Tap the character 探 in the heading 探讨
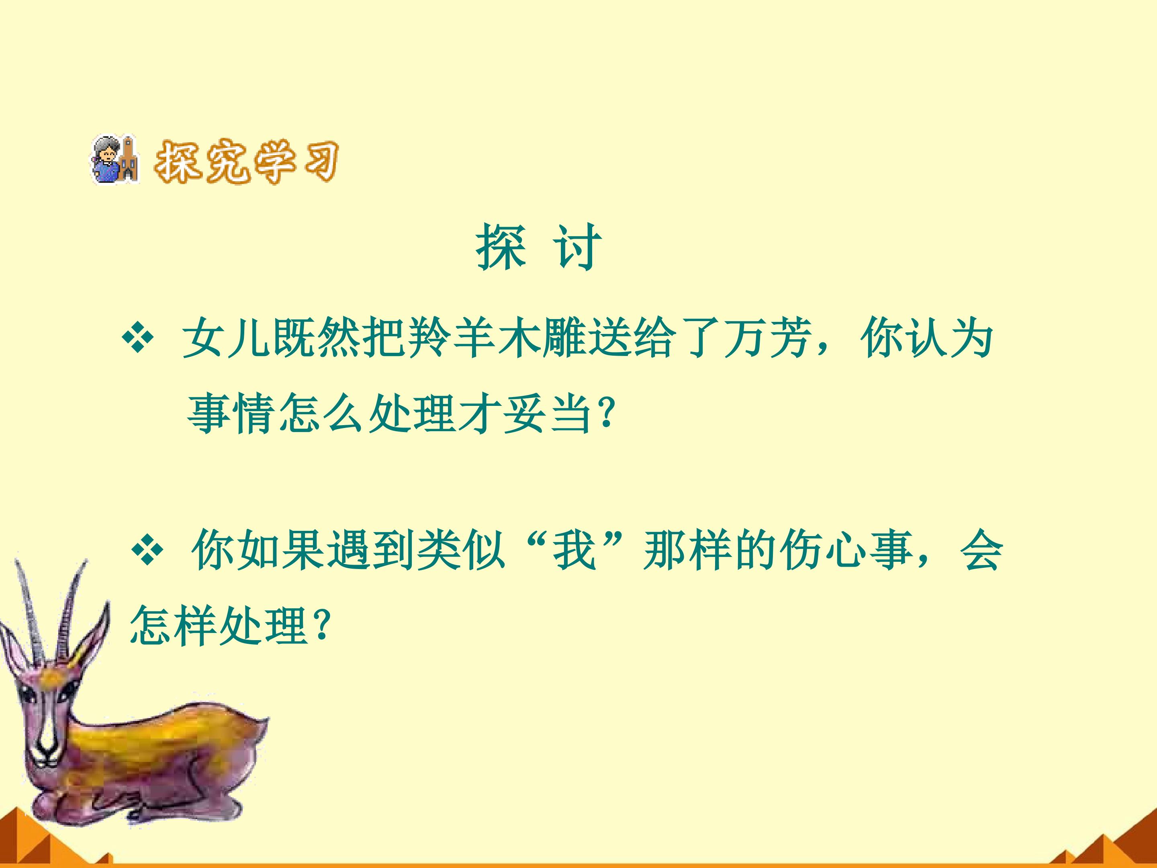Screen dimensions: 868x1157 [x=500, y=247]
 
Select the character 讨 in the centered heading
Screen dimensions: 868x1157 [x=577, y=247]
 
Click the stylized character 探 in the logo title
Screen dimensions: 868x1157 [x=178, y=161]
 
